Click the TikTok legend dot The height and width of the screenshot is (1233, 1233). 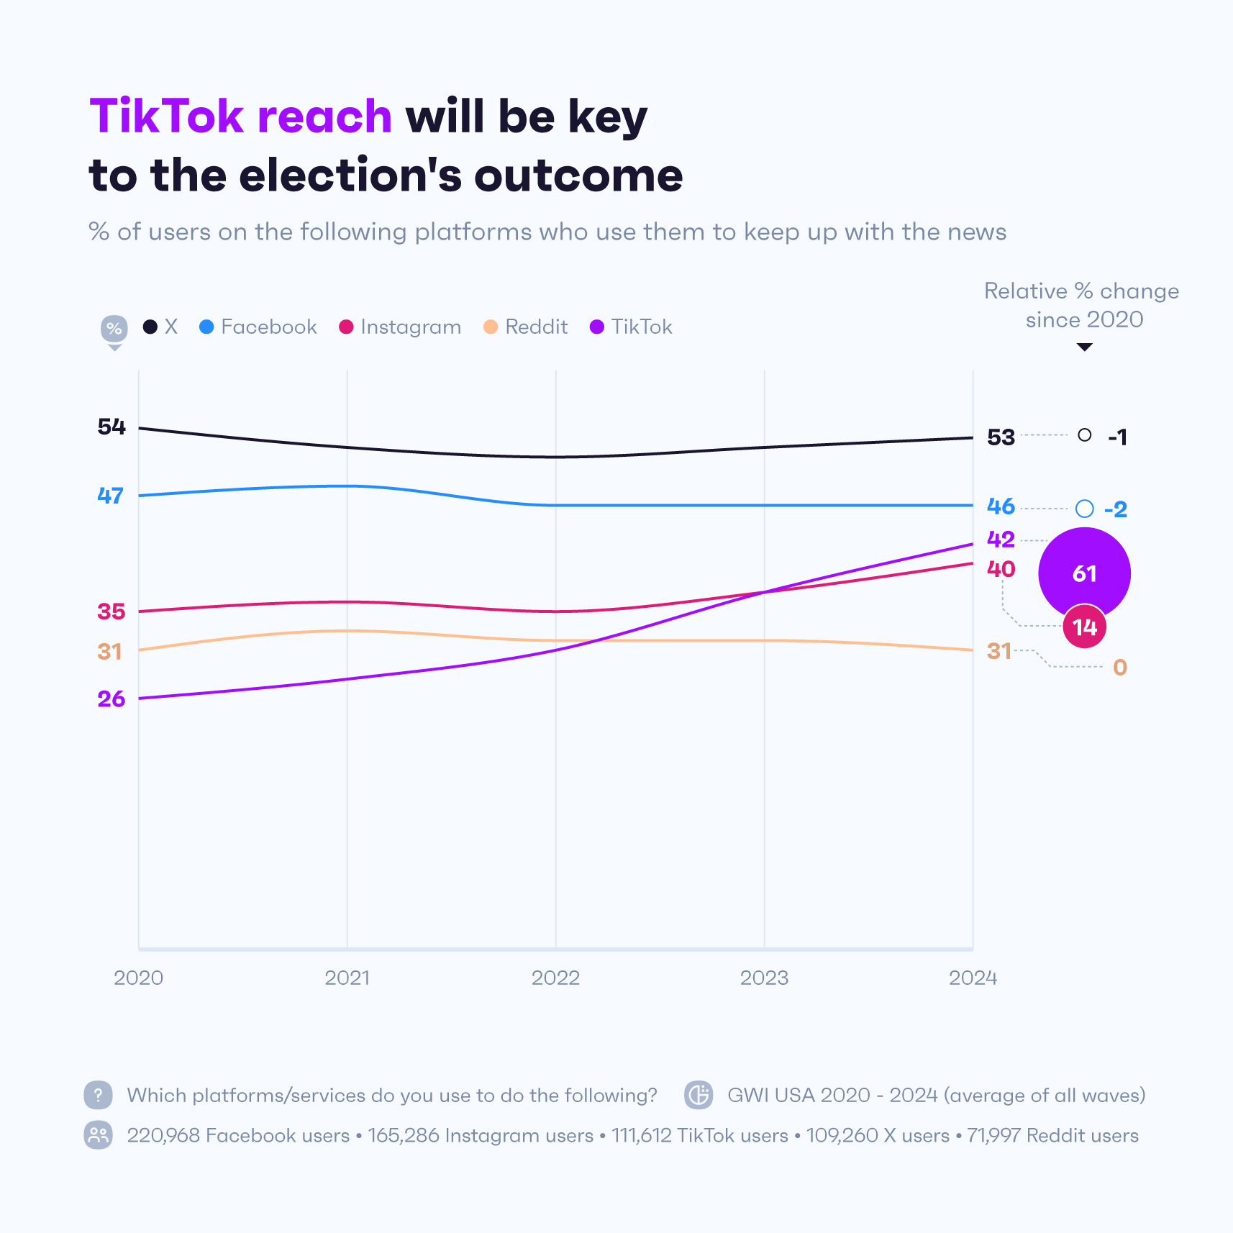[596, 327]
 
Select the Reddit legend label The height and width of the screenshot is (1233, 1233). [536, 327]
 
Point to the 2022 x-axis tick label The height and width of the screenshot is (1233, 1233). [555, 978]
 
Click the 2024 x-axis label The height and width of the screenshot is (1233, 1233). [973, 978]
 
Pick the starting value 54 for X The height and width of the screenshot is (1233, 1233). [112, 427]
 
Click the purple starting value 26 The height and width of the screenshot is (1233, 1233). [112, 699]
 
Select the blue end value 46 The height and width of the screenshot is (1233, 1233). [1001, 506]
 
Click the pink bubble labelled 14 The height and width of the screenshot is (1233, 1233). [1085, 627]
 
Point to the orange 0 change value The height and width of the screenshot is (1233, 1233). [1120, 668]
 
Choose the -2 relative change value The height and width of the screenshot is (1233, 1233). [1116, 510]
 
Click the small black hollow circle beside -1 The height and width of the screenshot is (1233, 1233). [1085, 435]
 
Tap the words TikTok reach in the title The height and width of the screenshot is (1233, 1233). [240, 117]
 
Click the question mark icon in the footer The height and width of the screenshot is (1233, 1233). [99, 1095]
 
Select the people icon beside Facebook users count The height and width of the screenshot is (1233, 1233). [99, 1135]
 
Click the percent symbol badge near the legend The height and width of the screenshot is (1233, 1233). [114, 329]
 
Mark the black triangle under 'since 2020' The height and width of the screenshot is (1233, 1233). [1084, 347]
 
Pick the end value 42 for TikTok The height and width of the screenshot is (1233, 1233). [1001, 540]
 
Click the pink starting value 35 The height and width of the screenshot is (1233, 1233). [112, 612]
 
